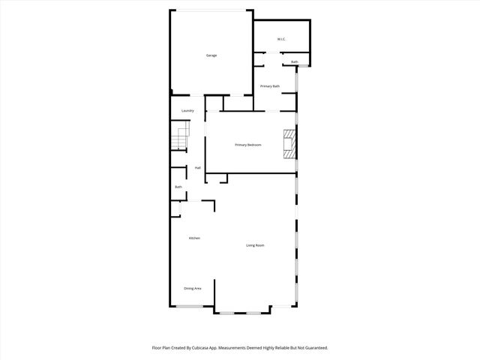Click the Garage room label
pos(211,55)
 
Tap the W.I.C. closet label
pos(280,39)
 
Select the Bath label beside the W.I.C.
pos(295,61)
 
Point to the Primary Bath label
pos(270,86)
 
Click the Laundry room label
pos(187,110)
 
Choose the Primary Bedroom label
pos(247,145)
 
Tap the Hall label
pos(197,167)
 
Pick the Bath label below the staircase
pos(178,187)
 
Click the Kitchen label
pos(194,238)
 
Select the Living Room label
pos(255,245)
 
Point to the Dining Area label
pos(193,288)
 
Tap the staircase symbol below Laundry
pos(180,139)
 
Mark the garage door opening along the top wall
pos(211,10)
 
